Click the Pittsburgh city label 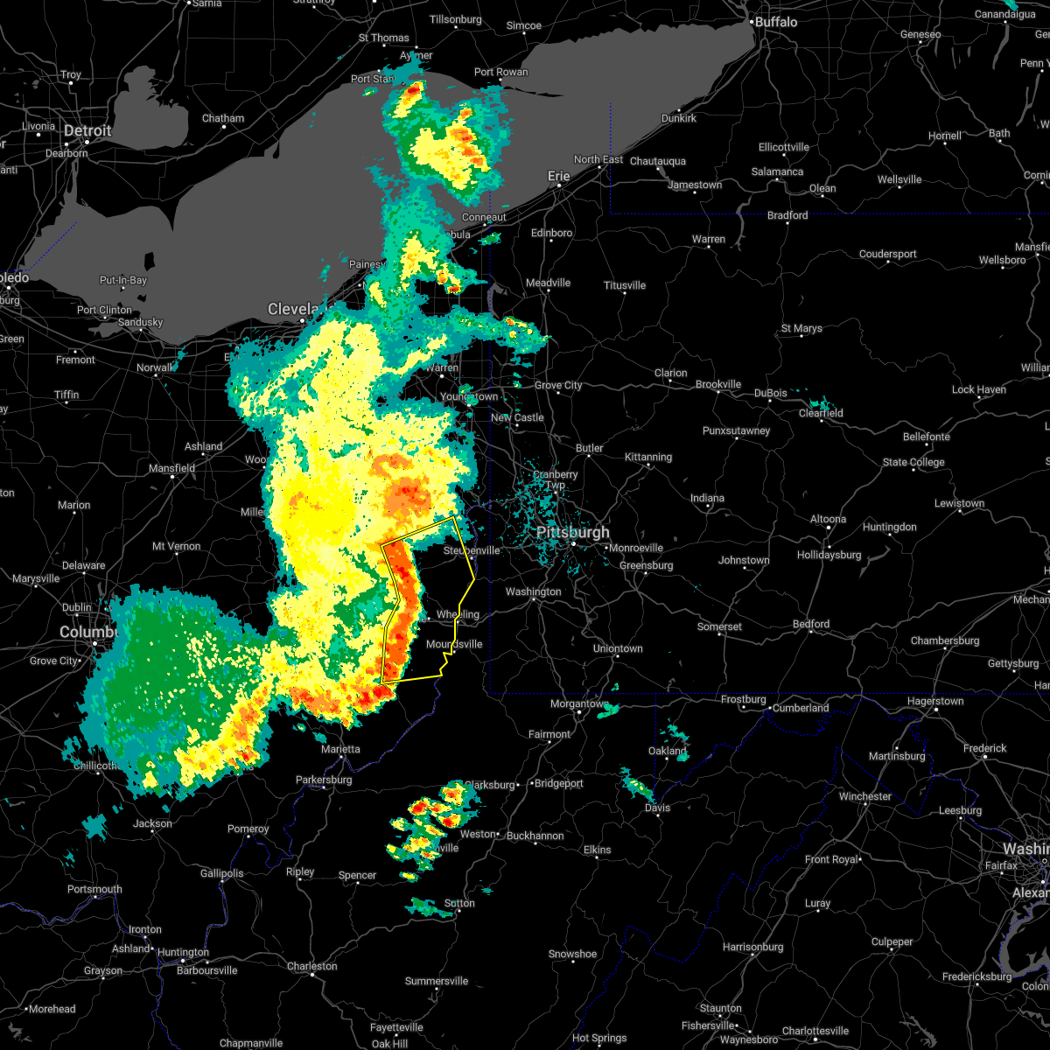pyautogui.click(x=573, y=532)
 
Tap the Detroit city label pyautogui.click(x=87, y=131)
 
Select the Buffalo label pyautogui.click(x=776, y=21)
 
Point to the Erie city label pyautogui.click(x=558, y=176)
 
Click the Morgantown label pyautogui.click(x=579, y=703)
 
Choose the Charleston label pyautogui.click(x=312, y=966)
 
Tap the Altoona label pyautogui.click(x=828, y=520)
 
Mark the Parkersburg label pyautogui.click(x=324, y=780)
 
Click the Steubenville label pyautogui.click(x=472, y=550)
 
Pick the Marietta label pyautogui.click(x=340, y=749)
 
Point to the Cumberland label pyautogui.click(x=801, y=708)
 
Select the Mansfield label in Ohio pyautogui.click(x=172, y=468)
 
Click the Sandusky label pyautogui.click(x=140, y=322)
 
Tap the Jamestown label pyautogui.click(x=695, y=185)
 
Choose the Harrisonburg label pyautogui.click(x=753, y=947)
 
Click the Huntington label pyautogui.click(x=184, y=952)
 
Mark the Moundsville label pyautogui.click(x=454, y=644)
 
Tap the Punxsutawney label pyautogui.click(x=736, y=430)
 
